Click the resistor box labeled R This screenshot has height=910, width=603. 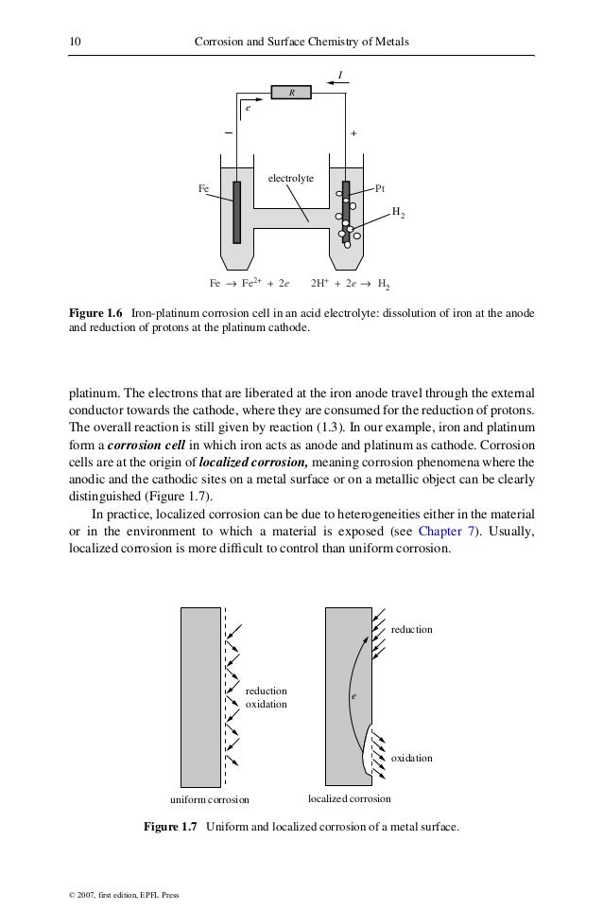click(292, 93)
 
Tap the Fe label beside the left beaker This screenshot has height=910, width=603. click(203, 188)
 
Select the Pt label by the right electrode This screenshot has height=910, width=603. click(380, 188)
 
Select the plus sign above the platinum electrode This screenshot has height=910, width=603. click(353, 133)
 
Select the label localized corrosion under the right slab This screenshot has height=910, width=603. click(350, 798)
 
